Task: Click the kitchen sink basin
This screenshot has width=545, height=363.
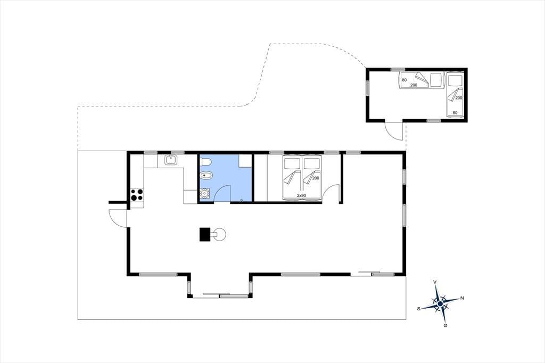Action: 171,160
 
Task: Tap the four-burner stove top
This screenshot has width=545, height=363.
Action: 137,195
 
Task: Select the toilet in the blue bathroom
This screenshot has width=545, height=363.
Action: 206,162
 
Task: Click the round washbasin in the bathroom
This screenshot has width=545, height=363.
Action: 204,193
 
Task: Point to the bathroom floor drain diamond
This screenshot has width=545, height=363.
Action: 242,200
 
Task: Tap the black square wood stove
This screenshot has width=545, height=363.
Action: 205,234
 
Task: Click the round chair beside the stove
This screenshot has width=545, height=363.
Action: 219,234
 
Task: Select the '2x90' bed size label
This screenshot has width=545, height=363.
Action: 301,196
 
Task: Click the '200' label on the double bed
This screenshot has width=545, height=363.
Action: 316,178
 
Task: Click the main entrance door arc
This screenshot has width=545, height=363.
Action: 118,218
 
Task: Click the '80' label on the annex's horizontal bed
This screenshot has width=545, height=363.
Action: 404,80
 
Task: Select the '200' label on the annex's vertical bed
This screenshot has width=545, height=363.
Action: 459,98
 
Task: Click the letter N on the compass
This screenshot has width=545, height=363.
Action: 463,298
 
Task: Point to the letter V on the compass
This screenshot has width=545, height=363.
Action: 435,282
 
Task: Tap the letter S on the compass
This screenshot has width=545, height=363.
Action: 419,308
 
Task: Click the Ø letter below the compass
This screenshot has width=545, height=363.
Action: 445,325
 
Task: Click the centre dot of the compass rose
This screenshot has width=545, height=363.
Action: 440,303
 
